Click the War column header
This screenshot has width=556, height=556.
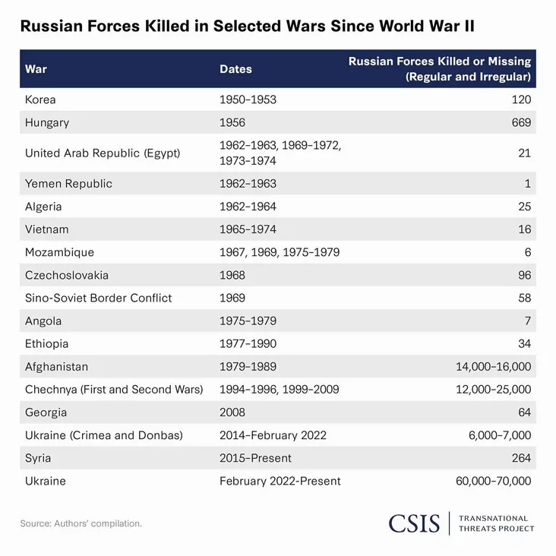coord(36,69)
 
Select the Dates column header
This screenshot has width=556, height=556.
coord(235,69)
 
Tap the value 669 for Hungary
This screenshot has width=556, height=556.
coord(520,122)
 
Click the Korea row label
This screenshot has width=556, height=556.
coord(40,100)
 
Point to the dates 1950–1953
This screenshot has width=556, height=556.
coord(248,100)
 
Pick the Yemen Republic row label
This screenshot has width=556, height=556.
coord(68,183)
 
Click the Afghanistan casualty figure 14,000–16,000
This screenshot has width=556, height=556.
coord(493,367)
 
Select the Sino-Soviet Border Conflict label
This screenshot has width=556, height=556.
coord(98,298)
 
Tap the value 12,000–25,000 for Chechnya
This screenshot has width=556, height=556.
coord(493,390)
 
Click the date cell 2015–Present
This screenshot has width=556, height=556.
coord(255,458)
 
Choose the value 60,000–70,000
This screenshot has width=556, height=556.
coord(493,481)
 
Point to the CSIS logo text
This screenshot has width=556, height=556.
coord(414,523)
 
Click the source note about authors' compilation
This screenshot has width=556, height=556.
coord(81,523)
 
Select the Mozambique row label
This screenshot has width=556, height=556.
coord(59,252)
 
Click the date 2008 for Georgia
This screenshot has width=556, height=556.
coord(232,412)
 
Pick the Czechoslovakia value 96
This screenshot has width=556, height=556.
coord(523,275)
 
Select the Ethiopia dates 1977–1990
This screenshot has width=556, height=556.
coord(248,343)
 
